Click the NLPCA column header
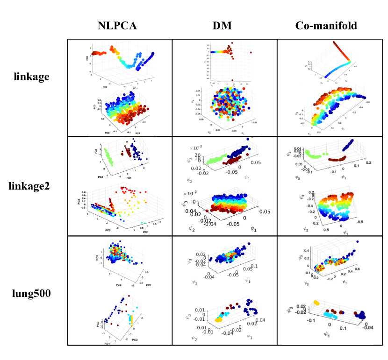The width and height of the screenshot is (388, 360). click(x=117, y=26)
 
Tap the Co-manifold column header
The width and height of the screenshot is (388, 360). click(x=326, y=26)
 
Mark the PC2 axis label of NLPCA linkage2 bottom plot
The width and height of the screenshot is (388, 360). click(x=108, y=230)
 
